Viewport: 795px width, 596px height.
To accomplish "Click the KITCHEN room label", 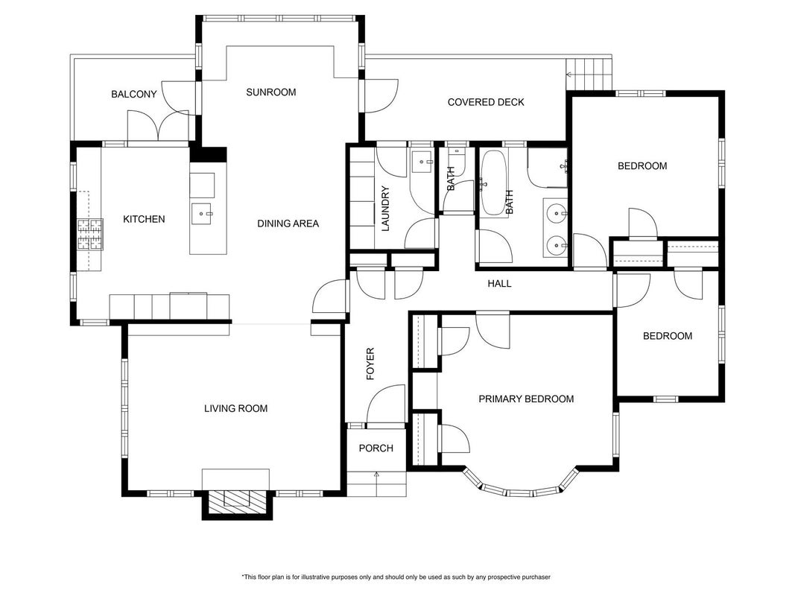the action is pyautogui.click(x=144, y=219).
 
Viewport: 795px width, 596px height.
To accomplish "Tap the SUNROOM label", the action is pyautogui.click(x=270, y=92).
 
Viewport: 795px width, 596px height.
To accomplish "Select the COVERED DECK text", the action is pyautogui.click(x=486, y=102).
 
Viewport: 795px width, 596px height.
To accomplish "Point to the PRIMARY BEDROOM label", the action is pyautogui.click(x=526, y=399).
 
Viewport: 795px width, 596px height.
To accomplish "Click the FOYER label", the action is pyautogui.click(x=370, y=364).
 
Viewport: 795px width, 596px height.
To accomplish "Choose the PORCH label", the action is pyautogui.click(x=376, y=448).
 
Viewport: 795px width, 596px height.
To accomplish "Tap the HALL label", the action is pyautogui.click(x=499, y=284).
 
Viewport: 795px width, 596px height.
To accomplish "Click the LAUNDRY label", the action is pyautogui.click(x=385, y=209).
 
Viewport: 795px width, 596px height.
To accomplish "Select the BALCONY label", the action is pyautogui.click(x=134, y=95).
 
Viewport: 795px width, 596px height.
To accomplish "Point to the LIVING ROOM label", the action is pyautogui.click(x=235, y=408).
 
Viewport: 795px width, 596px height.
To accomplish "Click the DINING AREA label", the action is pyautogui.click(x=288, y=223).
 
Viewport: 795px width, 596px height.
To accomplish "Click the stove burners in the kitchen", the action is pyautogui.click(x=90, y=234).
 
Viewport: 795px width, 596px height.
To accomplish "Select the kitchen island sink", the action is pyautogui.click(x=202, y=214).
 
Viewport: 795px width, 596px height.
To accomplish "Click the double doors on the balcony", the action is pyautogui.click(x=158, y=125).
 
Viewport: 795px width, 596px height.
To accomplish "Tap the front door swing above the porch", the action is pyautogui.click(x=386, y=404).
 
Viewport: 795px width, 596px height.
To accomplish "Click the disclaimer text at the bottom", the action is pyautogui.click(x=396, y=577).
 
